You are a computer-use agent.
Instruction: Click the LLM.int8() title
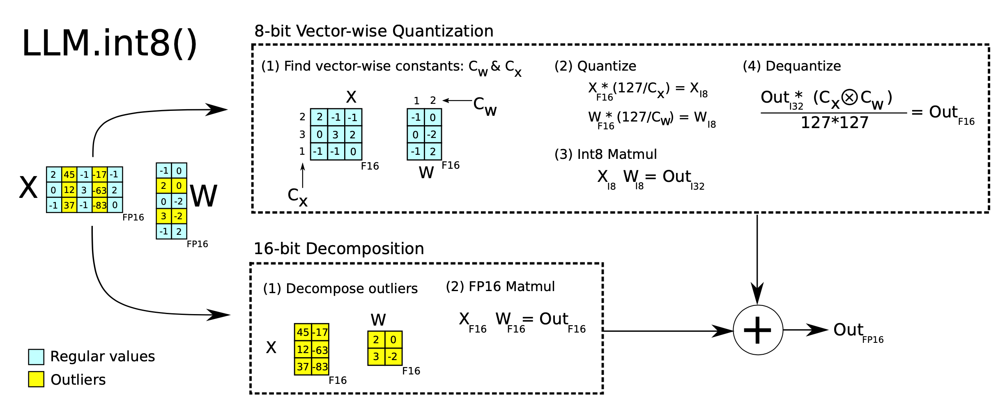pyautogui.click(x=109, y=44)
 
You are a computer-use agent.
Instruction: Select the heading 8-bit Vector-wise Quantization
pyautogui.click(x=374, y=31)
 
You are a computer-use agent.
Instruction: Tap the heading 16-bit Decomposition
pyautogui.click(x=339, y=249)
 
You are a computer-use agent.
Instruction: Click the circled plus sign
pyautogui.click(x=758, y=330)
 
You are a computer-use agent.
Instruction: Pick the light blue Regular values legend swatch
pyautogui.click(x=36, y=357)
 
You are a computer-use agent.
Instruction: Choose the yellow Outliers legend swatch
pyautogui.click(x=36, y=379)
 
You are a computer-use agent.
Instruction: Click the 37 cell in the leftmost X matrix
pyautogui.click(x=69, y=205)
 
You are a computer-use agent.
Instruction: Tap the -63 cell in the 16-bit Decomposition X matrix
pyautogui.click(x=320, y=350)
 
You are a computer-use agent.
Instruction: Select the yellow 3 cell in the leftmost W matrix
pyautogui.click(x=163, y=216)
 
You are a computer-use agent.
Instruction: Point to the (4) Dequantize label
pyautogui.click(x=792, y=66)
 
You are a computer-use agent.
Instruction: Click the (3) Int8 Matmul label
pyautogui.click(x=605, y=154)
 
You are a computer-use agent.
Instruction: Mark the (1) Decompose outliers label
pyautogui.click(x=340, y=289)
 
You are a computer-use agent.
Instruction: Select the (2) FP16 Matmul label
pyautogui.click(x=500, y=287)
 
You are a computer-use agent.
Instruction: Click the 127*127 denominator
pyautogui.click(x=835, y=123)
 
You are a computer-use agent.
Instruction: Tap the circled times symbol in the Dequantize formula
pyautogui.click(x=849, y=98)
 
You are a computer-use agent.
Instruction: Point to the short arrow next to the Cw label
pyautogui.click(x=457, y=100)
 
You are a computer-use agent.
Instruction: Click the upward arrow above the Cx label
pyautogui.click(x=303, y=175)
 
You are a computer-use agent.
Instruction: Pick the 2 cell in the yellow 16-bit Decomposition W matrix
pyautogui.click(x=376, y=340)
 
